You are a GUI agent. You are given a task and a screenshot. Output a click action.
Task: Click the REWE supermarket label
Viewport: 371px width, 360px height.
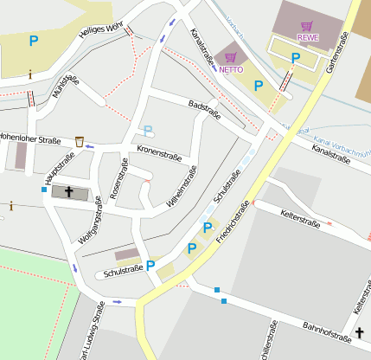(x=307, y=38)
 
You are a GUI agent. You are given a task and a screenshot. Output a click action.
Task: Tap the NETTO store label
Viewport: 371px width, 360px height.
(x=231, y=68)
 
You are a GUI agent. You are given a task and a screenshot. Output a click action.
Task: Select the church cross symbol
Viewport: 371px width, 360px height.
(x=69, y=190)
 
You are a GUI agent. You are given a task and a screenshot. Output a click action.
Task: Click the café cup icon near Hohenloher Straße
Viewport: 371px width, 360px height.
(x=80, y=140)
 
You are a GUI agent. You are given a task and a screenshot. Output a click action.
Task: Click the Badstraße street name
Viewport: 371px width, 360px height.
(x=204, y=110)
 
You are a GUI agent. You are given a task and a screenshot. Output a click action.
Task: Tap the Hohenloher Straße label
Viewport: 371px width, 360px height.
(x=30, y=138)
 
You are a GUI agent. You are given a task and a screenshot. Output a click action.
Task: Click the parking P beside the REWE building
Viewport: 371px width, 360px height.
(x=296, y=58)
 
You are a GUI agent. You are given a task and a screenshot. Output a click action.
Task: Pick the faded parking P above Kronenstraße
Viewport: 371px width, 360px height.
(x=148, y=131)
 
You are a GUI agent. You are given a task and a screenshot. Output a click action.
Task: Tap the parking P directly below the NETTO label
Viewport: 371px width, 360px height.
(x=258, y=85)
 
